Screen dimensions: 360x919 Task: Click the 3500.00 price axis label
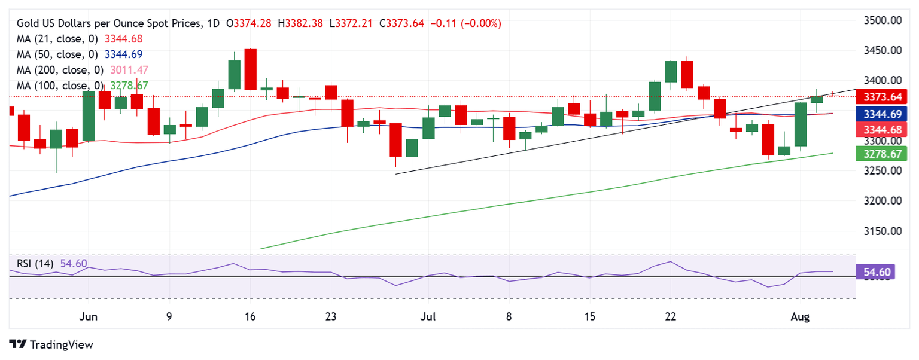[x=883, y=20]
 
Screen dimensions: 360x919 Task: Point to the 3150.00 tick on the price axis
[x=883, y=231]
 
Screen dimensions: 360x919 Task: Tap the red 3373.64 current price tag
[x=882, y=97]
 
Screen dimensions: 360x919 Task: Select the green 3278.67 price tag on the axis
[x=882, y=154]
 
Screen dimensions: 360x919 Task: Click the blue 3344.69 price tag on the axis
[x=882, y=114]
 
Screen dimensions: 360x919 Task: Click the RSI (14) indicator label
[x=35, y=263]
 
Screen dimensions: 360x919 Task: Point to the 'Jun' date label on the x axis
[x=88, y=316]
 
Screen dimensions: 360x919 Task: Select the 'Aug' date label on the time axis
[x=800, y=316]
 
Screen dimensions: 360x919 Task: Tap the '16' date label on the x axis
[x=250, y=316]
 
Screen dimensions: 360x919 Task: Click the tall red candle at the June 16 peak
[x=250, y=69]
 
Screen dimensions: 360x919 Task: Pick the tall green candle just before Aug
[x=800, y=124]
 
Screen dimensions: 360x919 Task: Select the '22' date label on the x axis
[x=671, y=316]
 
